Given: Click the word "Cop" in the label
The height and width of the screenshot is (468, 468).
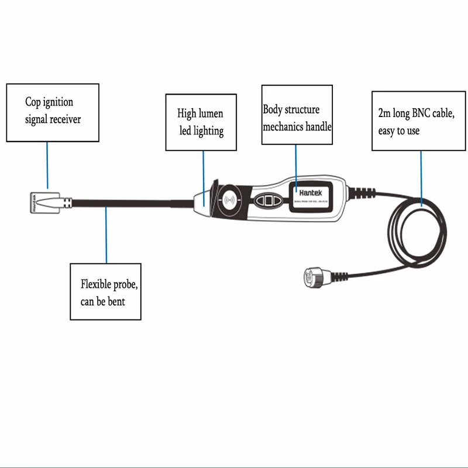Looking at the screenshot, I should pyautogui.click(x=33, y=102).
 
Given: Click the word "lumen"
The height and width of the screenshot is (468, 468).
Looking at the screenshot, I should pyautogui.click(x=210, y=113).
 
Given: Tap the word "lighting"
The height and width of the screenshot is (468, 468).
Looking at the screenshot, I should pyautogui.click(x=208, y=130).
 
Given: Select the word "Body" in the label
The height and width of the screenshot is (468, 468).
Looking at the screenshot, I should pyautogui.click(x=274, y=109).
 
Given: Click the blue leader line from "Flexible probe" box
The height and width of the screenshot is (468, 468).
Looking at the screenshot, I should pyautogui.click(x=106, y=234).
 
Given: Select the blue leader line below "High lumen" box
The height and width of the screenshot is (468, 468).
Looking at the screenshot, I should pyautogui.click(x=204, y=175).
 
